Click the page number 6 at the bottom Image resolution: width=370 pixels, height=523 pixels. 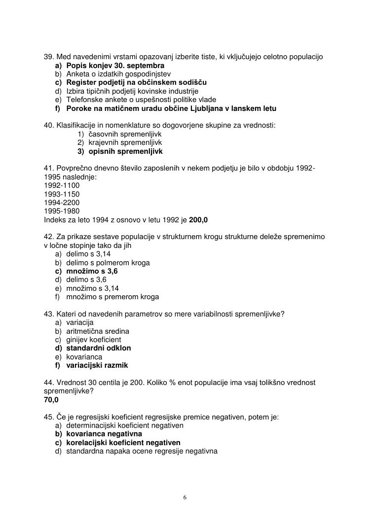coord(185,497)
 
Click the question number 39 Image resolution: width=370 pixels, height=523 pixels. coord(49,57)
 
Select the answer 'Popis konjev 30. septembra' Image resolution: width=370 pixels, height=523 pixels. coord(115,66)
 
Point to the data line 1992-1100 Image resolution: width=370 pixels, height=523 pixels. coord(62,185)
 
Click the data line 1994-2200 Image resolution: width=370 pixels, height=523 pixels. coord(62,203)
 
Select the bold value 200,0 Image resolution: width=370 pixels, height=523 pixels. coord(198,220)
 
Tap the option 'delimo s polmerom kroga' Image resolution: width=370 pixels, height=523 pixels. coord(108,263)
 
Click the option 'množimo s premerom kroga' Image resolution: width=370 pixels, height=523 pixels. coord(112,297)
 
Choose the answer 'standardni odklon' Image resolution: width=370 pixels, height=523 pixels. coord(99,348)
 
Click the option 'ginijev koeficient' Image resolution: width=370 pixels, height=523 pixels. coord(94,340)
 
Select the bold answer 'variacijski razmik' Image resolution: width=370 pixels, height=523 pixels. coord(97,365)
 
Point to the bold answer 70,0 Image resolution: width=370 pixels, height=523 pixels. coord(51,400)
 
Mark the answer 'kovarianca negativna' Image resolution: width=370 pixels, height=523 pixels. coord(104,434)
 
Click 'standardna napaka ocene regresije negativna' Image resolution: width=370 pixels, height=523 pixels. coord(142,451)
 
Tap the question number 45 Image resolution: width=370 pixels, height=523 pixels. coord(49,417)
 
